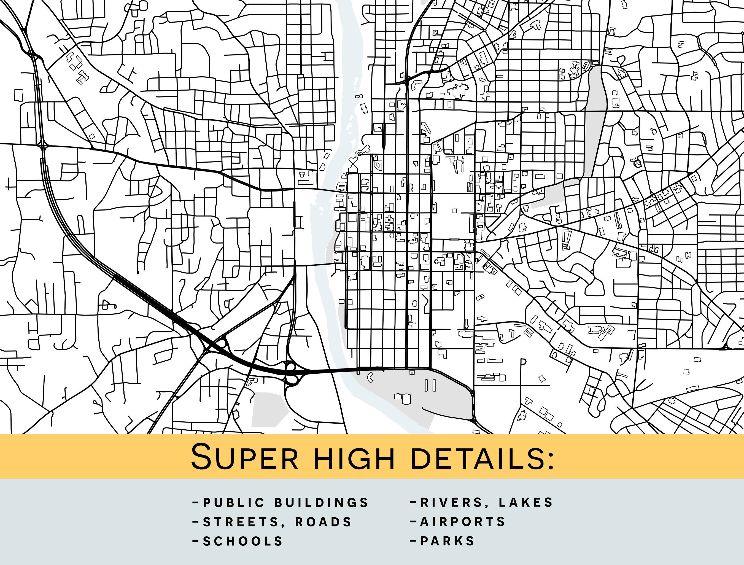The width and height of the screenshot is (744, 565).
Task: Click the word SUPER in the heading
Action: point(244,457)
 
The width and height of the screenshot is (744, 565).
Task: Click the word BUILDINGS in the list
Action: point(322,503)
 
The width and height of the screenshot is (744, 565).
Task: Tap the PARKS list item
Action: point(447,541)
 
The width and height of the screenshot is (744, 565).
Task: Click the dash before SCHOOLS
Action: point(195,541)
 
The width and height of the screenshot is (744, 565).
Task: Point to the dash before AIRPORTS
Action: point(413,521)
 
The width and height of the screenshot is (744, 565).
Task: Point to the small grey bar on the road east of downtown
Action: point(454,239)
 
